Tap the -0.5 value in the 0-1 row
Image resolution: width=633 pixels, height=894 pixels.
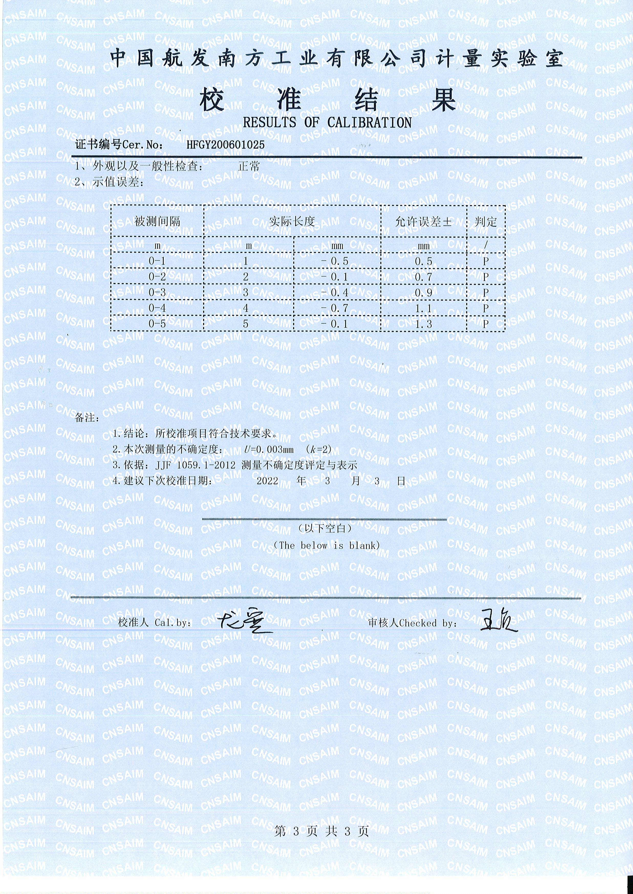point(335,261)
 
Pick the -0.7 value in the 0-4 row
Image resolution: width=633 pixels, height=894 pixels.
point(335,308)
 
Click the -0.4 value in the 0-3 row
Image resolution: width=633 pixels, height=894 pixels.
point(335,292)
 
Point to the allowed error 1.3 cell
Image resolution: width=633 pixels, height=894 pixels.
point(423,324)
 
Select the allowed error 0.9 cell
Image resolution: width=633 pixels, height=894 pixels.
point(423,292)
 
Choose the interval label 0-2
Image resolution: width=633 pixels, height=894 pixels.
point(157,277)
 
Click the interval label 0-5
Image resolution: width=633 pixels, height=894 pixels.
point(157,324)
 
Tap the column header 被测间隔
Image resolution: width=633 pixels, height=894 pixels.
point(157,222)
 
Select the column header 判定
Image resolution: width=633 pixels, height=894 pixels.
point(486,222)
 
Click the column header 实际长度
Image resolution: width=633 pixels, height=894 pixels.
point(292,222)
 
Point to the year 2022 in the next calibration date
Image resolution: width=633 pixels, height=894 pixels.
point(267,481)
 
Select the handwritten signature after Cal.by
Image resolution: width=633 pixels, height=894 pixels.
point(241,621)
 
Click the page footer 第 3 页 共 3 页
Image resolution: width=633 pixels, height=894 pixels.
point(321,831)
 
